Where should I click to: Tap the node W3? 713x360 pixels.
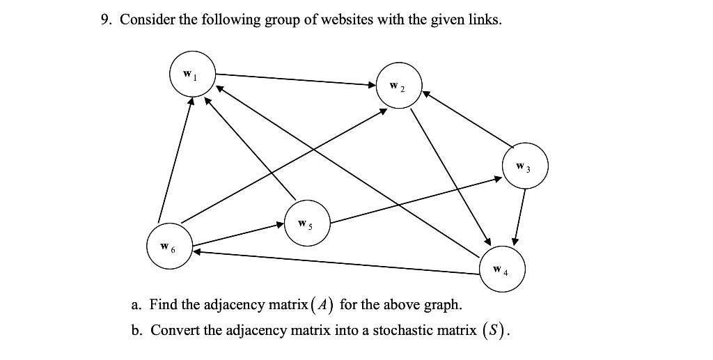pyautogui.click(x=526, y=167)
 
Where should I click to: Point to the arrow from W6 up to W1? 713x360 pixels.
pyautogui.click(x=174, y=160)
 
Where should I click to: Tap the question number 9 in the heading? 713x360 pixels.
pyautogui.click(x=105, y=19)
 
